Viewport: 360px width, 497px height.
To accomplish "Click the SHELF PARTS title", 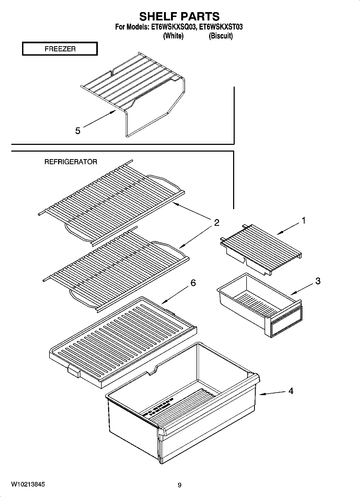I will [x=179, y=17].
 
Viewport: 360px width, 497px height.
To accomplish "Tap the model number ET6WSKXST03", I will [x=223, y=27].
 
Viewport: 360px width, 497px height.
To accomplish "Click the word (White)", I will [x=173, y=36].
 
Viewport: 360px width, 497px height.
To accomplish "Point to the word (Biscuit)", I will [x=221, y=36].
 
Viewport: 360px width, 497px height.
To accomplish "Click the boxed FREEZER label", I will [x=60, y=49].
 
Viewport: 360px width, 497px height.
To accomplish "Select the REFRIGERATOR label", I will [x=71, y=162].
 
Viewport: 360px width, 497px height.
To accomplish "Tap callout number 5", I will [x=78, y=131].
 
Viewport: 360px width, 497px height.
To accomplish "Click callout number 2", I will [x=216, y=223].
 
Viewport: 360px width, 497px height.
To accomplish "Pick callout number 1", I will [x=304, y=221].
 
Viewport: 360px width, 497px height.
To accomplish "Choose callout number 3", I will [x=318, y=281].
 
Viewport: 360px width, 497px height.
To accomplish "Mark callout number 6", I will [x=193, y=283].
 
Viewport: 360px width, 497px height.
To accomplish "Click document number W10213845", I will [x=28, y=484].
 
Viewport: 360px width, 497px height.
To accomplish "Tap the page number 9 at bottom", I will [x=180, y=485].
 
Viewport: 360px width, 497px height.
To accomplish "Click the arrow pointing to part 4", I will [x=272, y=393].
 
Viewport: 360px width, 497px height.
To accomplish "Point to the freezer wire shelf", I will [x=132, y=83].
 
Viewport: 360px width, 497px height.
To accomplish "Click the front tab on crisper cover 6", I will [x=74, y=371].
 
